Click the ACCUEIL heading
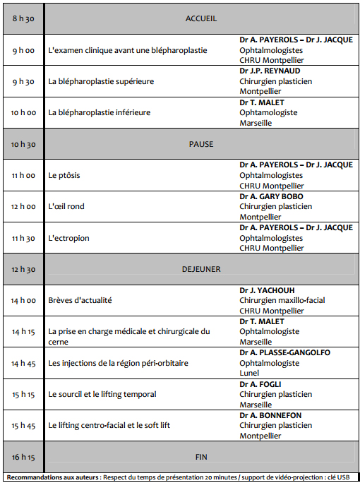pyautogui.click(x=200, y=18)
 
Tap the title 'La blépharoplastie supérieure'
pyautogui.click(x=101, y=81)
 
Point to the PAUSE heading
pyautogui.click(x=200, y=144)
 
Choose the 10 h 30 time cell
pyautogui.click(x=23, y=144)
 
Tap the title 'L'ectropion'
pyautogui.click(x=68, y=238)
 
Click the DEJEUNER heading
pyautogui.click(x=200, y=269)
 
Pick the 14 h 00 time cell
pyautogui.click(x=23, y=300)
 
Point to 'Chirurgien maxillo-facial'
pyautogui.click(x=282, y=300)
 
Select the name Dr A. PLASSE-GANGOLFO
pyautogui.click(x=284, y=352)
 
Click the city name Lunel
pyautogui.click(x=250, y=373)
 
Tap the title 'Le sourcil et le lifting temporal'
pyautogui.click(x=102, y=394)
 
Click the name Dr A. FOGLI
pyautogui.click(x=262, y=384)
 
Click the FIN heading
pyautogui.click(x=200, y=456)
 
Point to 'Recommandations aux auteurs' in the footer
pyautogui.click(x=49, y=477)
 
